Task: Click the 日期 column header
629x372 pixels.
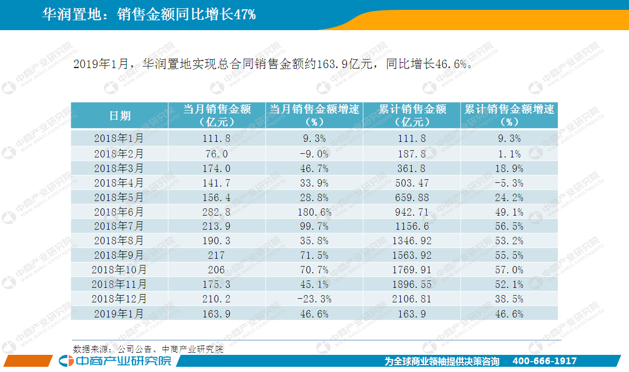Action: [x=120, y=116]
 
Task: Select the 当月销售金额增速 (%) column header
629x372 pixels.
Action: [x=314, y=115]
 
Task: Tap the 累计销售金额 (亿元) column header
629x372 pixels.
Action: [x=412, y=115]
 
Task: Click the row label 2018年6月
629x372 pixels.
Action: [x=119, y=212]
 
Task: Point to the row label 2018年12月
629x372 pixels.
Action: [x=119, y=299]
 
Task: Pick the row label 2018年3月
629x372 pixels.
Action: [x=119, y=168]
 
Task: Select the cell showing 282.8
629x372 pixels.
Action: [x=216, y=212]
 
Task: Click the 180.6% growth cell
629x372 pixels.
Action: [x=314, y=212]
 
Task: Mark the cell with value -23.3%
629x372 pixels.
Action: [x=314, y=299]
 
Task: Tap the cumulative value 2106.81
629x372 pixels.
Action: [x=412, y=299]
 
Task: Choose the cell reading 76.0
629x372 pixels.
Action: [x=216, y=154]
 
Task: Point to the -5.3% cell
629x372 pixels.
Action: [x=509, y=183]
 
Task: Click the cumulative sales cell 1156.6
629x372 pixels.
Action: [x=412, y=227]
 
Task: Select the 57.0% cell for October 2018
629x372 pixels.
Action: [x=509, y=270]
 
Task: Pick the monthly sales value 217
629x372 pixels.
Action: [x=216, y=256]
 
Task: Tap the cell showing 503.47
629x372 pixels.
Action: [x=412, y=183]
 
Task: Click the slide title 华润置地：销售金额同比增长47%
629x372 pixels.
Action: [x=149, y=15]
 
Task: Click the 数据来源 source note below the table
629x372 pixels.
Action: [x=148, y=349]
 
